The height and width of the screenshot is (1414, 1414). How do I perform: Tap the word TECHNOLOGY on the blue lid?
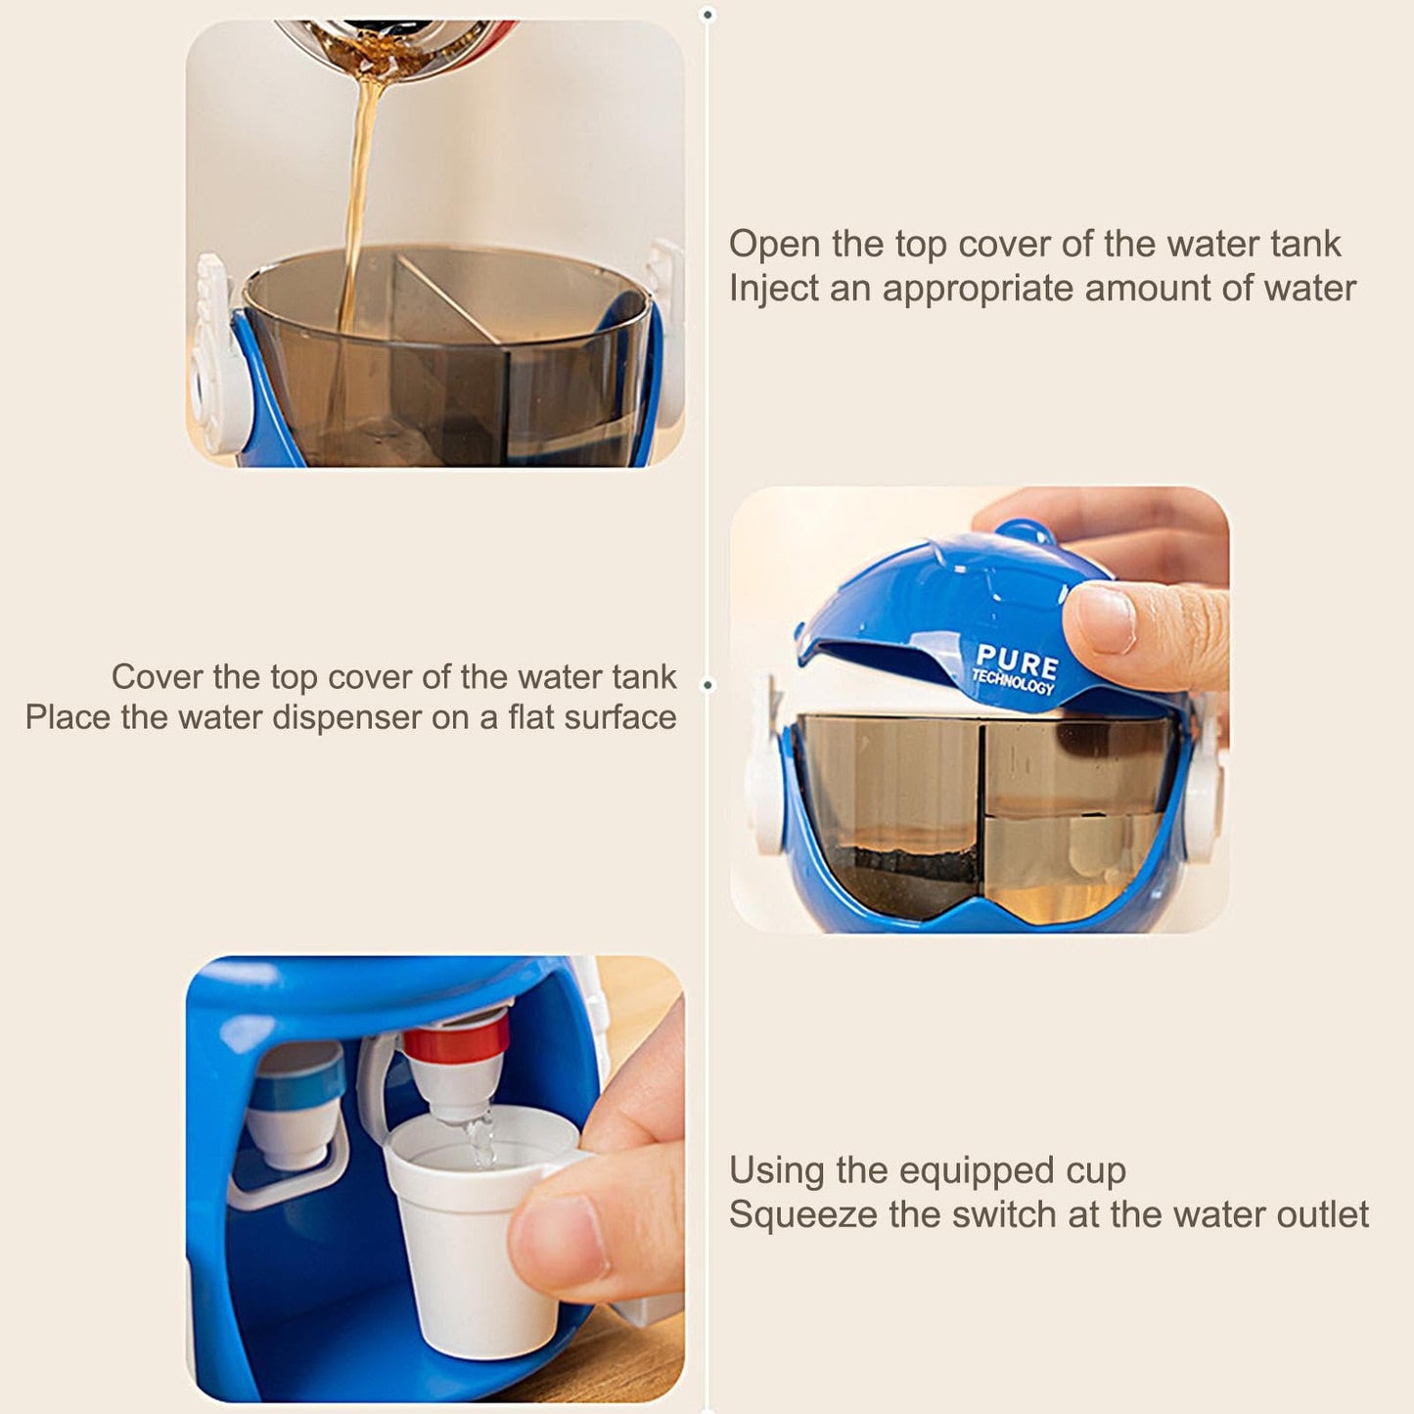[x=1013, y=681]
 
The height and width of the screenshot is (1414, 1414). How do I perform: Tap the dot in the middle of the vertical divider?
[x=707, y=685]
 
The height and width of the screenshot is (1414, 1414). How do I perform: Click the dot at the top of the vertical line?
[x=707, y=15]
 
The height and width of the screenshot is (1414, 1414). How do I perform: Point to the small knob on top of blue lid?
[x=1026, y=531]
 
